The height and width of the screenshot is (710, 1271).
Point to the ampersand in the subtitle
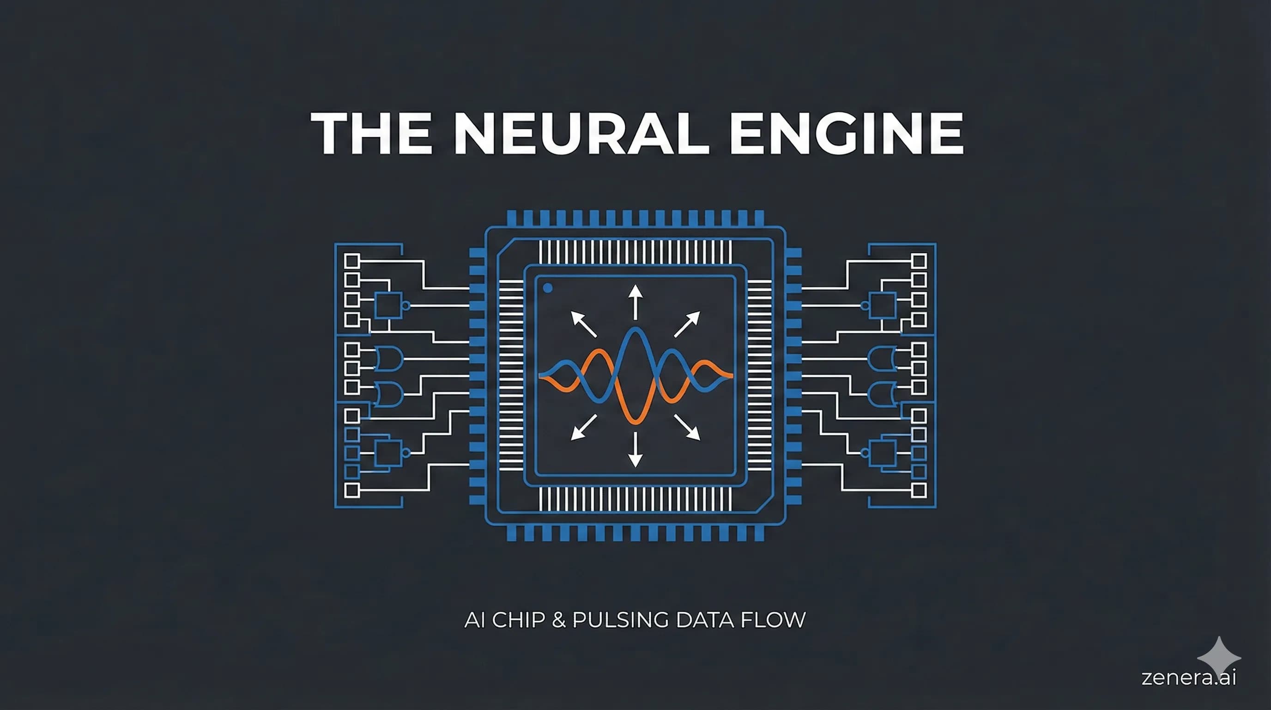point(558,620)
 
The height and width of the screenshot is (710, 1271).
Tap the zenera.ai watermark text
point(1189,678)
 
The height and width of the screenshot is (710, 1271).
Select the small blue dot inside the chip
point(547,288)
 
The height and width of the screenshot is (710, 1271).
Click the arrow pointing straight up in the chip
point(635,301)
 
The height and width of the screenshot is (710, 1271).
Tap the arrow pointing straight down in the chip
point(635,449)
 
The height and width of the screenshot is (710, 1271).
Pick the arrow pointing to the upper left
point(583,324)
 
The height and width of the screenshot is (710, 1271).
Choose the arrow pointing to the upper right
point(687,324)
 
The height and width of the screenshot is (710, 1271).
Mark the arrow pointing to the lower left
point(583,428)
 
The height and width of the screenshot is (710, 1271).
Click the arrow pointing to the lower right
point(687,428)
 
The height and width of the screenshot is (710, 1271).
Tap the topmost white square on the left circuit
point(351,260)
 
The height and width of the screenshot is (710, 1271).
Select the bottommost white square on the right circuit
point(919,490)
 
